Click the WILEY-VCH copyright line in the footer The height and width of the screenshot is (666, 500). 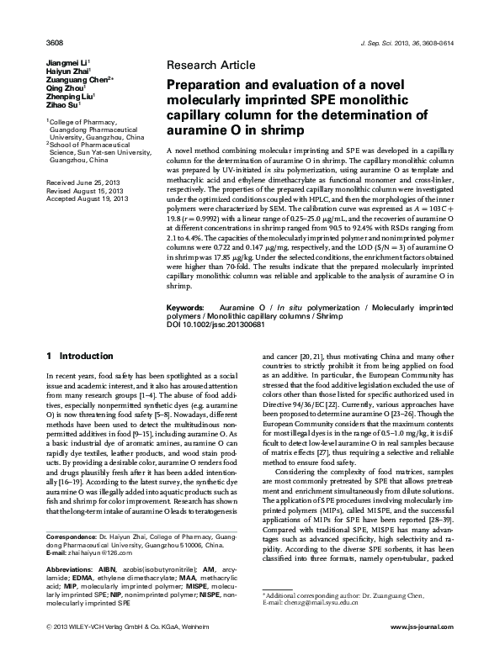(126, 650)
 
